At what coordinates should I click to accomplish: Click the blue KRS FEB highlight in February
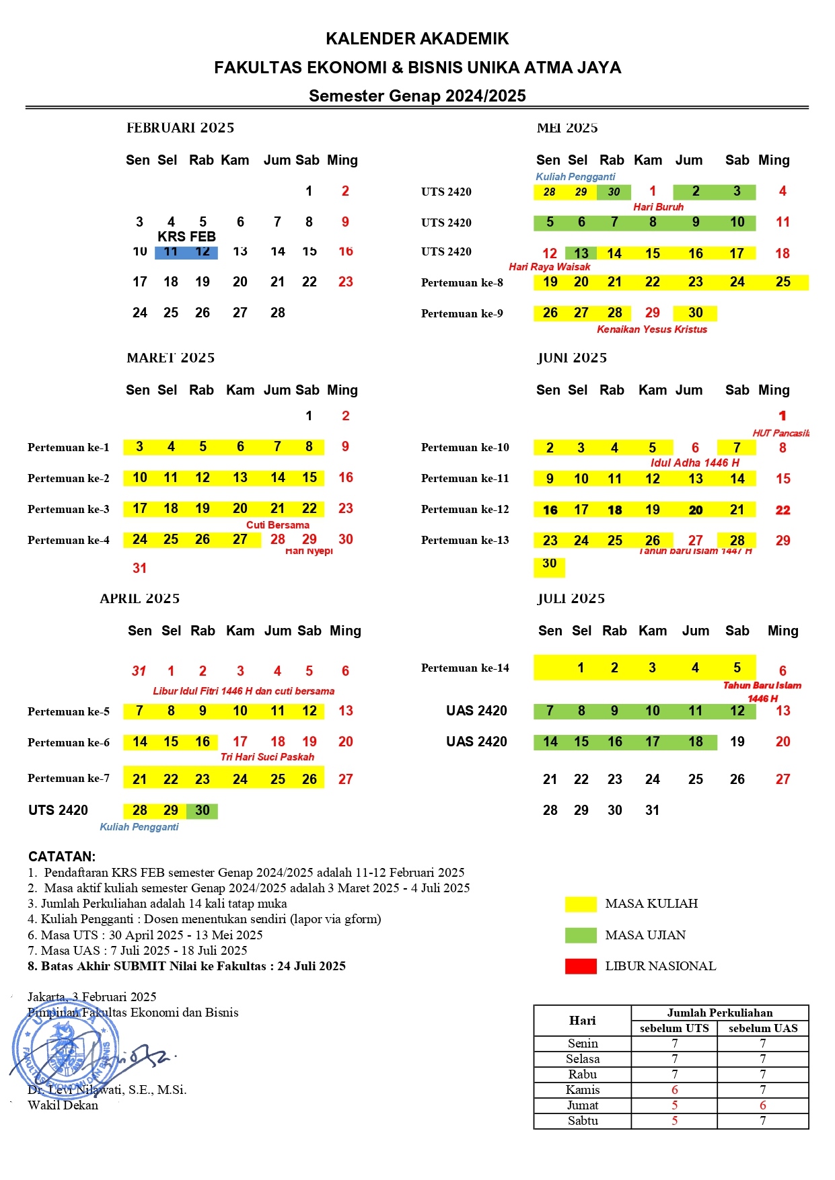[x=186, y=252]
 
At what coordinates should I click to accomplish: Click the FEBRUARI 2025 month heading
[x=180, y=128]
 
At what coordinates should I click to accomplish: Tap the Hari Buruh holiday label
[x=658, y=207]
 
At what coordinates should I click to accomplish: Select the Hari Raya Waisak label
[x=549, y=267]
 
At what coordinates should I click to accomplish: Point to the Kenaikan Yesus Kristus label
[x=652, y=329]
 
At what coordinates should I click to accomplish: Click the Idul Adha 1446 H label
[x=694, y=463]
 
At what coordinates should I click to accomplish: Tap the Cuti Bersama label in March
[x=277, y=525]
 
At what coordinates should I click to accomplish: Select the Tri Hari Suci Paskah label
[x=267, y=757]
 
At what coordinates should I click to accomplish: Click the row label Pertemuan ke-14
[x=465, y=668]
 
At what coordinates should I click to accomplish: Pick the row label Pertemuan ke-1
[x=68, y=447]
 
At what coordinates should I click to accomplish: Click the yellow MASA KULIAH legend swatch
[x=581, y=904]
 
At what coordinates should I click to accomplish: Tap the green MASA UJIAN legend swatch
[x=581, y=935]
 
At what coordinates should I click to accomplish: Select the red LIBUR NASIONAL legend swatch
[x=581, y=966]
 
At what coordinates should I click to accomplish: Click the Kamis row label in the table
[x=583, y=1090]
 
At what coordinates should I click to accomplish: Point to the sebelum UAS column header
[x=763, y=1028]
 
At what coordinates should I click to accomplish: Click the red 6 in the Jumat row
[x=763, y=1105]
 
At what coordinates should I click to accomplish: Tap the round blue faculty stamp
[x=61, y=1049]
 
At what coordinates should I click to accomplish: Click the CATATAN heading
[x=62, y=857]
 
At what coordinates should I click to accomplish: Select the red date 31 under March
[x=139, y=568]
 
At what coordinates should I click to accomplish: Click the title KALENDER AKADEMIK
[x=417, y=39]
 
